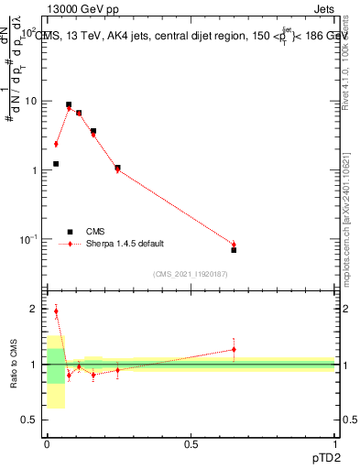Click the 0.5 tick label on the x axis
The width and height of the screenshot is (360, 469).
click(191, 445)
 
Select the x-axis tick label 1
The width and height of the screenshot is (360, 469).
click(334, 445)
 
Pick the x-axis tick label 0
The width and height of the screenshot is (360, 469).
click(47, 445)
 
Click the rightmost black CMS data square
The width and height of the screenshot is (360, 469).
click(234, 250)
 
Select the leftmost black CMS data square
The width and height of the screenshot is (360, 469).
click(56, 164)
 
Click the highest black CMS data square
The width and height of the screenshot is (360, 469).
click(69, 105)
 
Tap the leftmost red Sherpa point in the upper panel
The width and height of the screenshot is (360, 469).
click(56, 144)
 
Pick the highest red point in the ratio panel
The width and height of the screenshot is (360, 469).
click(56, 311)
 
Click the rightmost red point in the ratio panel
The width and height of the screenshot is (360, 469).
click(234, 349)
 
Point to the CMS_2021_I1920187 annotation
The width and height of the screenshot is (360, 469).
click(191, 273)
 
